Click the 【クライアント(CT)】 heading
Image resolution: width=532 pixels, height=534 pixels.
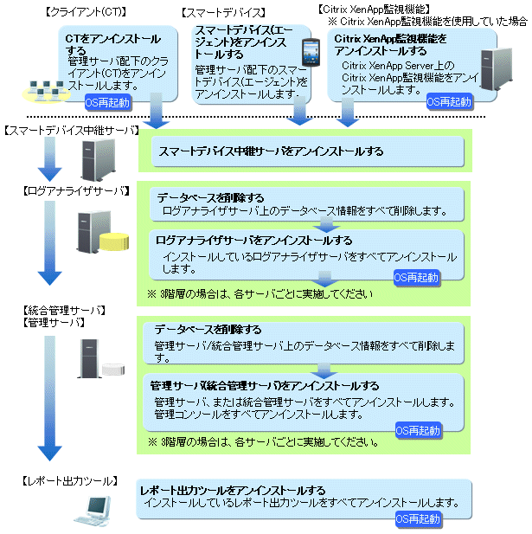pyautogui.click(x=86, y=12)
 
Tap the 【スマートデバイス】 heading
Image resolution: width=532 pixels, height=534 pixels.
pyautogui.click(x=223, y=13)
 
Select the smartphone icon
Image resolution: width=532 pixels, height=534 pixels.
pyautogui.click(x=311, y=52)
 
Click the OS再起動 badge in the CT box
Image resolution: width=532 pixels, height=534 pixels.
pyautogui.click(x=107, y=102)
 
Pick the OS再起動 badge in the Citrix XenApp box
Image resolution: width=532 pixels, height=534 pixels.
pyautogui.click(x=449, y=101)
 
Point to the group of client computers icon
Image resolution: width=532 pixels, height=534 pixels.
pyautogui.click(x=47, y=91)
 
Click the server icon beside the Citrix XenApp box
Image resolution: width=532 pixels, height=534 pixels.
pyautogui.click(x=497, y=69)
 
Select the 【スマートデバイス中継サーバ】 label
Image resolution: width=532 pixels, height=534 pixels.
pyautogui.click(x=72, y=131)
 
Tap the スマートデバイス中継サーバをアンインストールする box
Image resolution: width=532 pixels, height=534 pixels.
pyautogui.click(x=308, y=151)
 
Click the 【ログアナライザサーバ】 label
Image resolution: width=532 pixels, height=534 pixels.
pyautogui.click(x=76, y=190)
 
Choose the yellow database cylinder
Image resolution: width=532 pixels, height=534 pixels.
pyautogui.click(x=114, y=241)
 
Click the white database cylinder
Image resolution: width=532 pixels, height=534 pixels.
pyautogui.click(x=113, y=370)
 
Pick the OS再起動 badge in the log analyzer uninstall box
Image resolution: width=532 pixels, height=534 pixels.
pyautogui.click(x=416, y=278)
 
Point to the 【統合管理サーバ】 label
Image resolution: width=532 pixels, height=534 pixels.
pyautogui.click(x=64, y=310)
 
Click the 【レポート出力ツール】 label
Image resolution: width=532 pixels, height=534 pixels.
pyautogui.click(x=70, y=481)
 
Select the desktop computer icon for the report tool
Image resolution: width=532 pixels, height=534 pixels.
pyautogui.click(x=93, y=511)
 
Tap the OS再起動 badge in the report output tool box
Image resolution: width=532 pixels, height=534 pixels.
pyautogui.click(x=418, y=518)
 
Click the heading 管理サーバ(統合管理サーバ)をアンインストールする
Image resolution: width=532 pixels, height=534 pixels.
pyautogui.click(x=265, y=386)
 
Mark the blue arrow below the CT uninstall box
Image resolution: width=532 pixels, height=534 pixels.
pyautogui.click(x=156, y=111)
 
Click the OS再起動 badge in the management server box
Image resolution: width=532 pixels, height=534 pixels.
pyautogui.click(x=418, y=430)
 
